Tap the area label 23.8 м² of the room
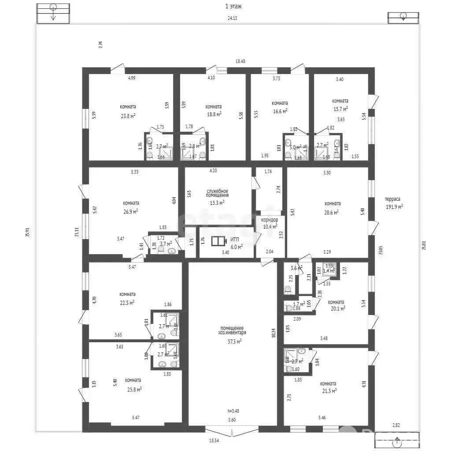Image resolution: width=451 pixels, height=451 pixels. coord(128,116)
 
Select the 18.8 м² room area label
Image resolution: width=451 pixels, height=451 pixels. coord(214,114)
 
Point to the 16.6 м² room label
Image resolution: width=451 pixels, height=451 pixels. coord(280,111)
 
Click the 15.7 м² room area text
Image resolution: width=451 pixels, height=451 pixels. coord(340,109)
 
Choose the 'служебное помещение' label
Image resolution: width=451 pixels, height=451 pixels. coord(218,193)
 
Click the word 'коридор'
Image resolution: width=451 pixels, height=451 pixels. coord(269,219)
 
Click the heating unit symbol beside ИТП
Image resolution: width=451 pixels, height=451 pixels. coord(218,241)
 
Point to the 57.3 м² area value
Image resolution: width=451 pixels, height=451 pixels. coord(233,341)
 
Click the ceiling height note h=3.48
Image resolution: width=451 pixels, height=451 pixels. coord(233,411)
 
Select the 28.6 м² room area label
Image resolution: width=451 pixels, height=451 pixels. coord(332,212)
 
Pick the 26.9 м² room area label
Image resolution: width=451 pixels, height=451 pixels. coord(131,211)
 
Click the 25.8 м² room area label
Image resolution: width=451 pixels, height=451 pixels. coord(133,389)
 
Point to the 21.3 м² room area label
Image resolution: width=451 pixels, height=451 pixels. coord(329,390)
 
